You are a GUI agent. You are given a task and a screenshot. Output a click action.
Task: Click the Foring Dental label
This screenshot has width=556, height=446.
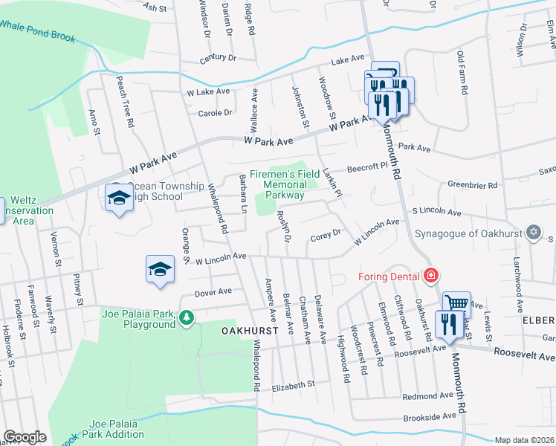(x=389, y=277)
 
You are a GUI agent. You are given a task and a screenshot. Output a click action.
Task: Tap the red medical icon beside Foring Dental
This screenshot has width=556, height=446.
(x=430, y=277)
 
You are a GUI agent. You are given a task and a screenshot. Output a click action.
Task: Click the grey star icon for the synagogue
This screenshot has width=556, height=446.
(x=532, y=233)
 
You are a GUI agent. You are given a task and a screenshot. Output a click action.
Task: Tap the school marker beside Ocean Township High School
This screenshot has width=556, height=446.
(x=118, y=198)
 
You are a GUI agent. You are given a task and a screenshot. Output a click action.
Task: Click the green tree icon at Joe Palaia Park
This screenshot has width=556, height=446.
(x=186, y=319)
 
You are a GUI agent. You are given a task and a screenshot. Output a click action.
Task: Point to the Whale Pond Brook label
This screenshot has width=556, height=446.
(x=37, y=30)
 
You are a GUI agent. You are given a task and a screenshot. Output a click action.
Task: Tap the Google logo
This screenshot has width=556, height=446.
(x=25, y=436)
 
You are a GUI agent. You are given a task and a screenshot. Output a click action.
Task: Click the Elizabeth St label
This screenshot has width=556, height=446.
(x=294, y=385)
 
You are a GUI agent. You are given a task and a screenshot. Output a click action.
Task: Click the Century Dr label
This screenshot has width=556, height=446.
(x=217, y=57)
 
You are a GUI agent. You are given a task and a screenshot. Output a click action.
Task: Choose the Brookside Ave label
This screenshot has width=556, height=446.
(x=430, y=416)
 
